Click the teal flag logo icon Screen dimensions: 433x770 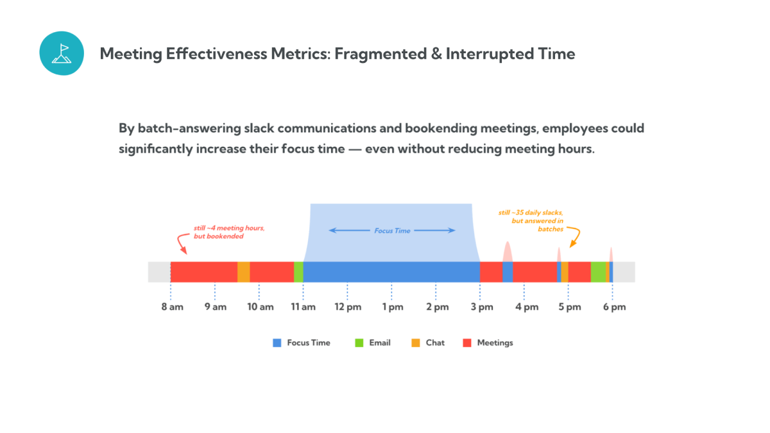[x=62, y=53]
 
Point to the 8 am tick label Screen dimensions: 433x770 [x=172, y=307]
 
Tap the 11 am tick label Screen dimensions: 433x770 [x=303, y=307]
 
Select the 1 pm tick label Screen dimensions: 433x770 [x=392, y=307]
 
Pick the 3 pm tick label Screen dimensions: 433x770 [x=481, y=307]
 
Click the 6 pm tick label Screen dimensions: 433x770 [x=614, y=307]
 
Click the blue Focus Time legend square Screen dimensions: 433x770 [x=277, y=343]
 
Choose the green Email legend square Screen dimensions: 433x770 [x=359, y=343]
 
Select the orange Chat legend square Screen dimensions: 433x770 [x=416, y=343]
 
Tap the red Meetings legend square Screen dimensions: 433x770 [x=467, y=343]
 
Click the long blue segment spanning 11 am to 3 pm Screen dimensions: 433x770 [x=391, y=272]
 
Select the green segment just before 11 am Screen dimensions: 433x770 [x=298, y=272]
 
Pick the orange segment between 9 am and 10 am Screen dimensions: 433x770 [x=244, y=272]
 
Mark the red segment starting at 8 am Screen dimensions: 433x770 [x=204, y=272]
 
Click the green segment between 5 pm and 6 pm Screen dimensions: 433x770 [x=598, y=272]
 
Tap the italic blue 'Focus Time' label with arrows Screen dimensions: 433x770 [x=392, y=230]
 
